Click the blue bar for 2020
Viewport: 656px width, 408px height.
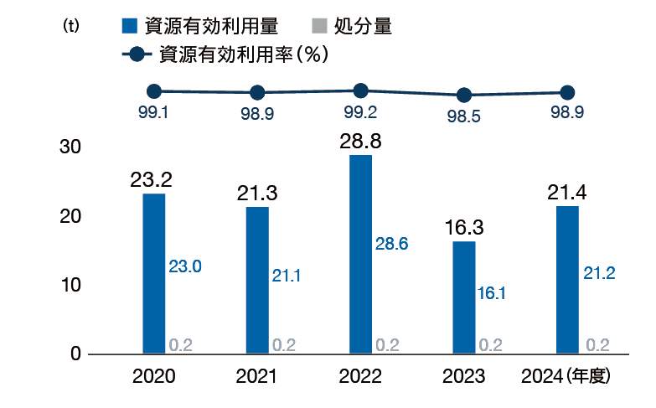tap(153, 273)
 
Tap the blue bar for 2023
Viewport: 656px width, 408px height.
tap(463, 297)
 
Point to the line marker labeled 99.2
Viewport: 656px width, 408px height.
tap(360, 90)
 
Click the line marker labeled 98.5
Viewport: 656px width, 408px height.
tap(464, 96)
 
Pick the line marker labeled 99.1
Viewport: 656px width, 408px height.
tap(153, 91)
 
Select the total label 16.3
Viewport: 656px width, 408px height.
tap(463, 228)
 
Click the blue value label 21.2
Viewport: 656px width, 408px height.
tap(599, 273)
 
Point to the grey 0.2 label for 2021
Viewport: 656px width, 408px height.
tap(284, 344)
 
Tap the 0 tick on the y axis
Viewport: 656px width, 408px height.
tap(75, 354)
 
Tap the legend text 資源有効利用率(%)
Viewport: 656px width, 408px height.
tap(243, 54)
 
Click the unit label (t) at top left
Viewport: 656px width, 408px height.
tap(71, 26)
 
